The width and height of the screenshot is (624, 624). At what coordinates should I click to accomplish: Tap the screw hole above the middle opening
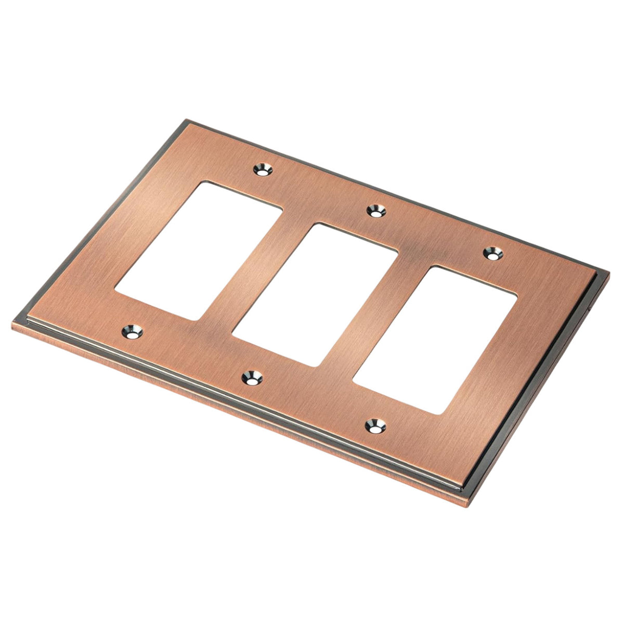(375, 211)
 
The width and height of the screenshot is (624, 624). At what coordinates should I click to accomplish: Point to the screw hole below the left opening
(132, 331)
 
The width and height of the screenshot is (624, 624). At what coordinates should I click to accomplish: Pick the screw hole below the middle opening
(252, 377)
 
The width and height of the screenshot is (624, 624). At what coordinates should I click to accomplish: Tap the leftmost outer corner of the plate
(11, 327)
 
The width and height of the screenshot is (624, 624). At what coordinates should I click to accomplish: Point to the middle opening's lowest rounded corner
(314, 366)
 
